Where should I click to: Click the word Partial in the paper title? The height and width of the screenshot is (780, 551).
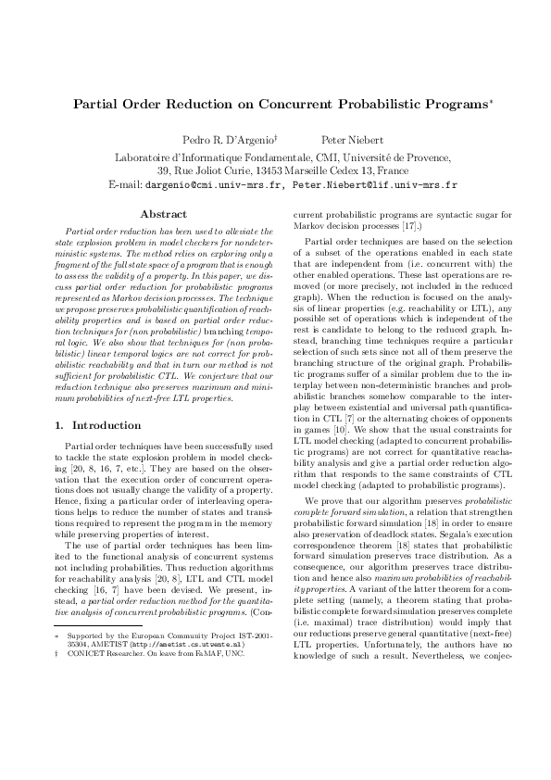(96, 105)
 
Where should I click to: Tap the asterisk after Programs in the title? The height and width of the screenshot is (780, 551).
(475, 100)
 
